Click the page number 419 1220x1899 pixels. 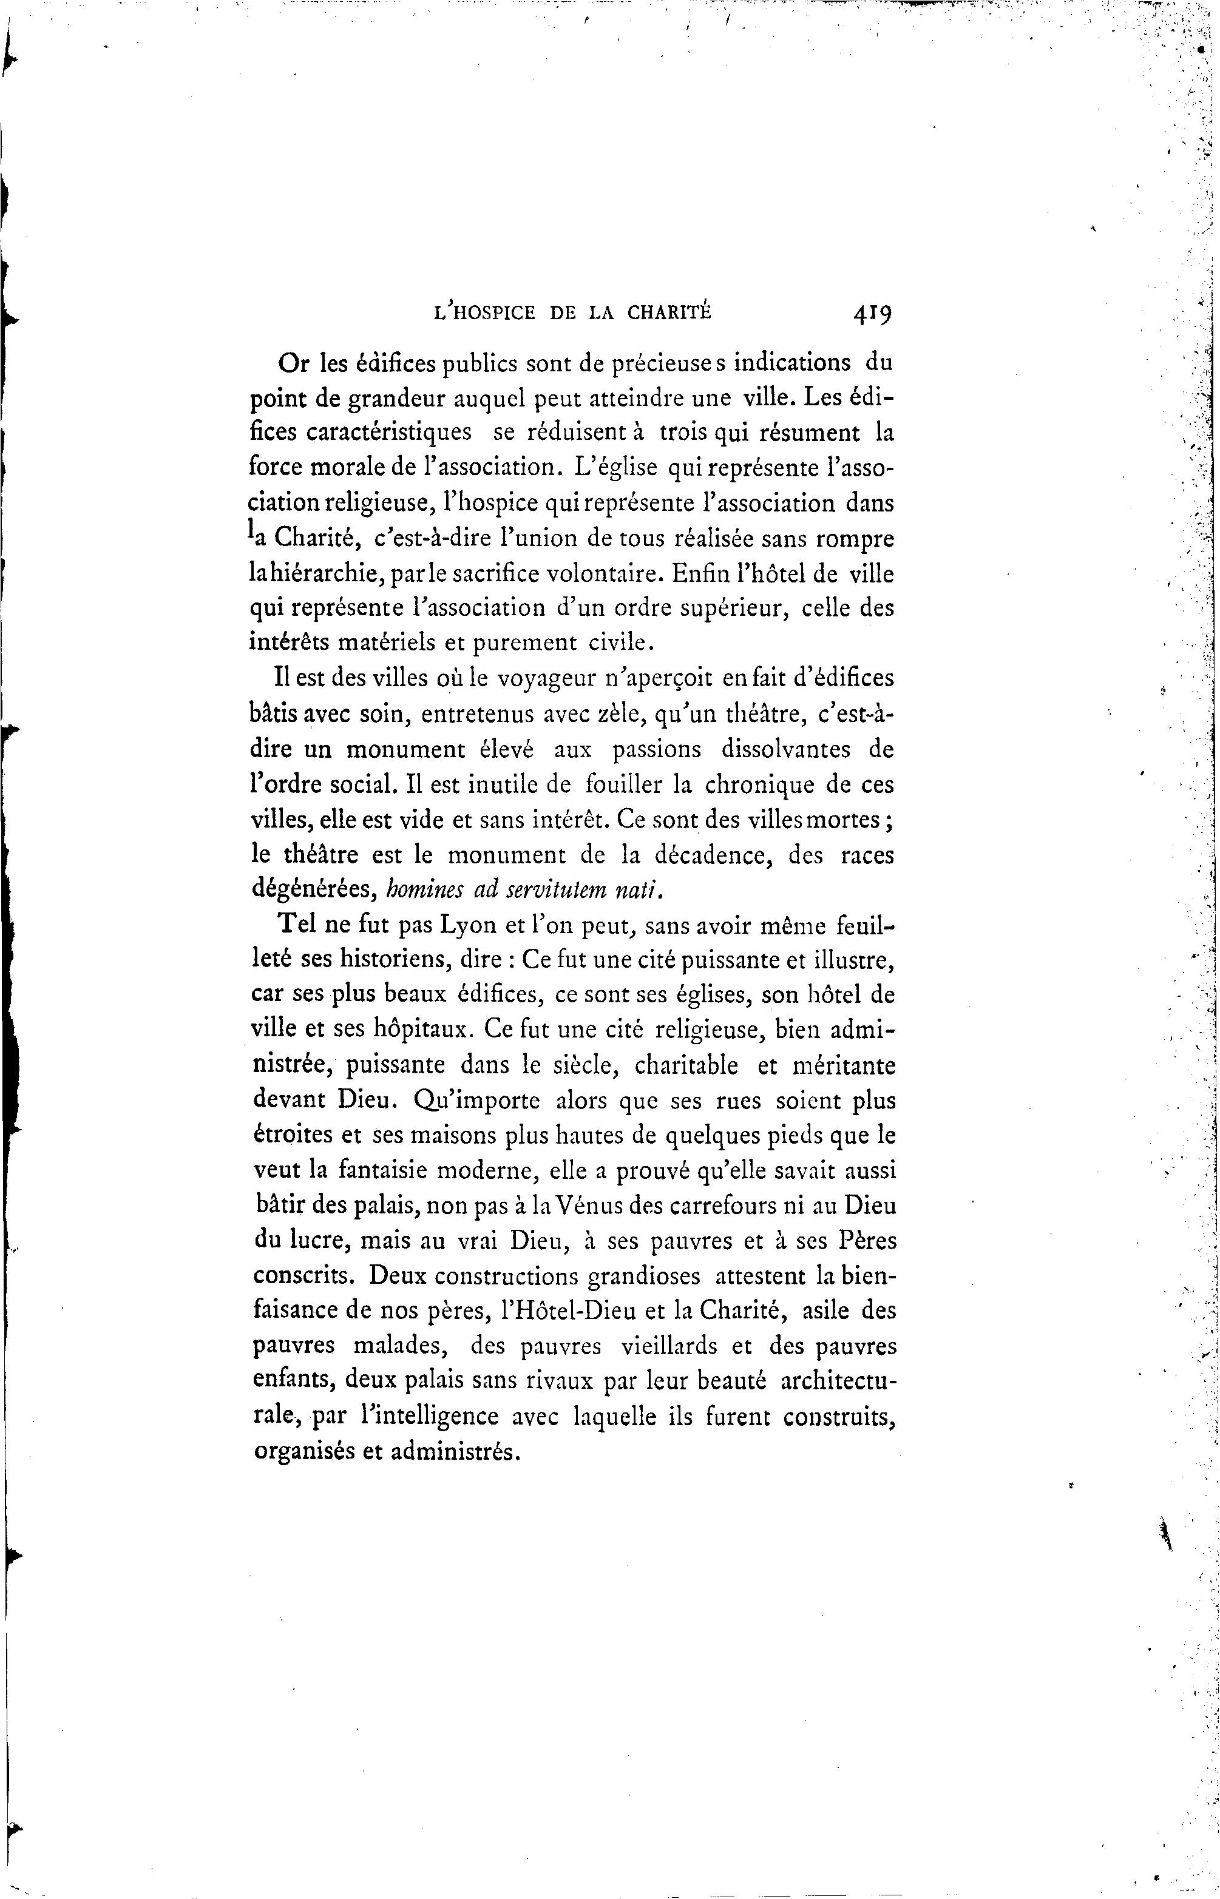[x=872, y=314]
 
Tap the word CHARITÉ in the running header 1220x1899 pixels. [x=669, y=313]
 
